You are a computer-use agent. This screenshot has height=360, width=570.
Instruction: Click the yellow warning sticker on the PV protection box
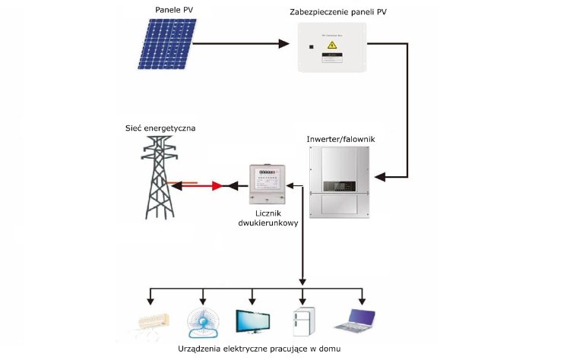(x=332, y=46)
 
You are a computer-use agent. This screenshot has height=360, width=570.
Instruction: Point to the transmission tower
(x=160, y=179)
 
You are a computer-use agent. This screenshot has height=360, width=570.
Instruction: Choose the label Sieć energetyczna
(x=160, y=129)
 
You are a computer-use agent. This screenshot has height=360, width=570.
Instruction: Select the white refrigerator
(x=303, y=322)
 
